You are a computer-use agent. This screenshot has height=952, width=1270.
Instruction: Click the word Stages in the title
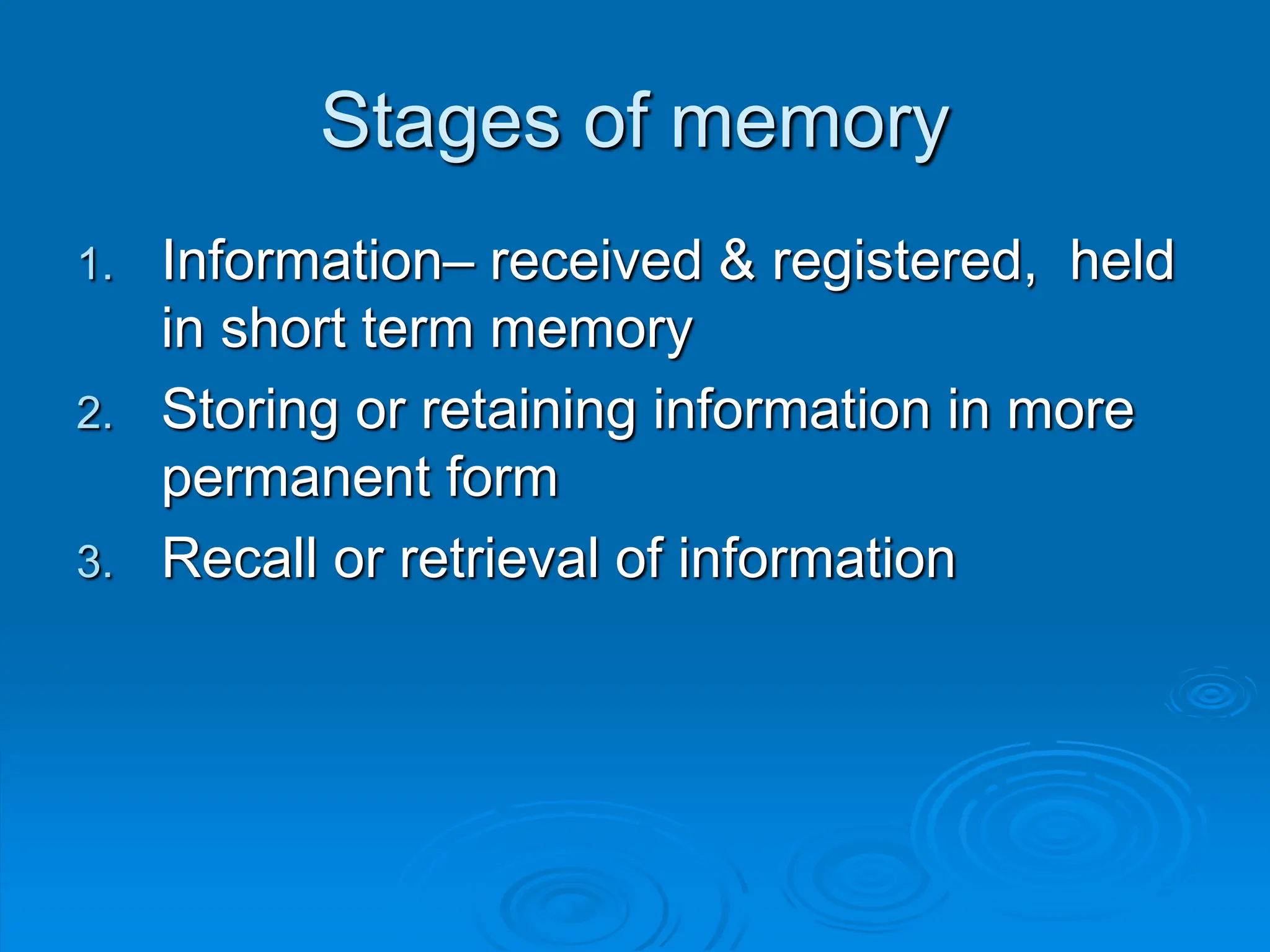(x=441, y=122)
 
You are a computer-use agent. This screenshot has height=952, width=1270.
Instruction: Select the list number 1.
(x=95, y=265)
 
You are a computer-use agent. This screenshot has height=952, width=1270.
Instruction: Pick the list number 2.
(x=95, y=413)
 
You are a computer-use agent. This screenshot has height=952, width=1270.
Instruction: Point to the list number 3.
(x=95, y=563)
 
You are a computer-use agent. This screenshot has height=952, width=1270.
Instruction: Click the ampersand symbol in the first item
(x=737, y=261)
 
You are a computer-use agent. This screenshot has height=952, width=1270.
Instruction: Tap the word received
(x=596, y=261)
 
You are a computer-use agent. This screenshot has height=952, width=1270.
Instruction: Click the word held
(x=1122, y=261)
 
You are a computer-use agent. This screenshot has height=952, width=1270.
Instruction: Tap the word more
(x=1070, y=410)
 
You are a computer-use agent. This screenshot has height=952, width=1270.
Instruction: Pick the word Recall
(x=239, y=558)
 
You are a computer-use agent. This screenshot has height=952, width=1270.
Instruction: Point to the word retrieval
(x=499, y=558)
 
